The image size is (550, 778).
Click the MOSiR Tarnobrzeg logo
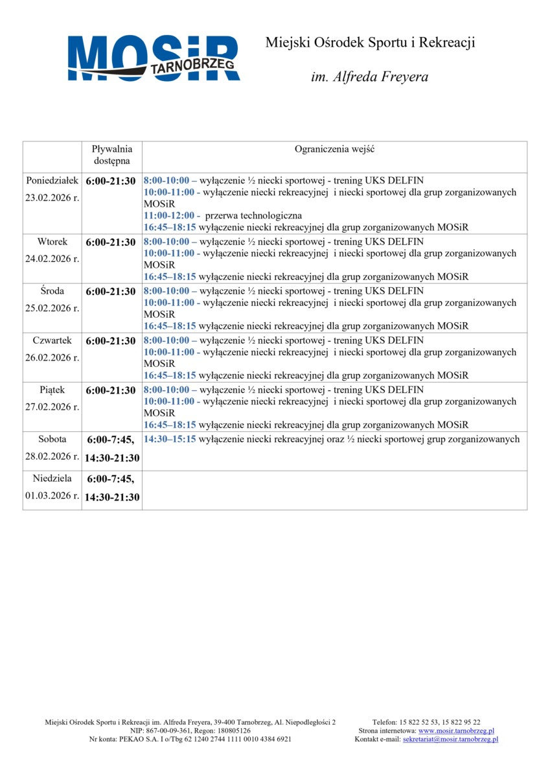click(154, 58)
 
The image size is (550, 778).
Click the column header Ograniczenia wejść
click(334, 149)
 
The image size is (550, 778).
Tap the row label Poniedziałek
click(52, 180)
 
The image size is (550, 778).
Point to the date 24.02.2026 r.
click(52, 259)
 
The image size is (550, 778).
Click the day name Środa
click(52, 291)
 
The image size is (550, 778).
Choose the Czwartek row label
click(52, 340)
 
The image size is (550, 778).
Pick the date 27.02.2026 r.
click(52, 407)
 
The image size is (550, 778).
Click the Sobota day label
click(52, 439)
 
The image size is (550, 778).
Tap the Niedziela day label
click(52, 478)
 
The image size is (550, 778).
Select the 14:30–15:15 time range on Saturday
click(170, 439)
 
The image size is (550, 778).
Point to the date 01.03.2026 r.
click(52, 496)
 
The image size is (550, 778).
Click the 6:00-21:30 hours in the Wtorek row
click(111, 242)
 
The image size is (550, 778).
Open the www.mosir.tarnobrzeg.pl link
click(456, 731)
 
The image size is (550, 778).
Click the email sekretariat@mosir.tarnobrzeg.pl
click(450, 739)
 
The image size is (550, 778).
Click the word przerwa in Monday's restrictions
click(222, 215)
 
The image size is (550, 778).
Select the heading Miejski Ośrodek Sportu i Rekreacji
click(370, 43)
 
